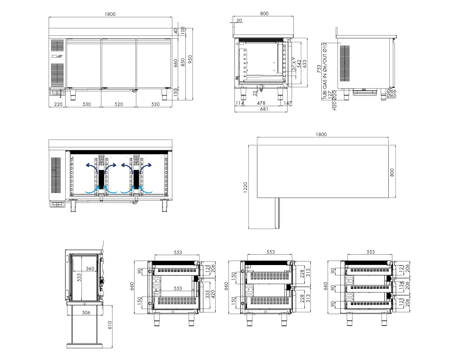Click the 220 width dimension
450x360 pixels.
(58, 104)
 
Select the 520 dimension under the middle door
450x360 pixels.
(118, 104)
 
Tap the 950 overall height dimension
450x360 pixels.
(190, 59)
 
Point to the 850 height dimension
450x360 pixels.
(183, 63)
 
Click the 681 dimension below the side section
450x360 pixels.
(264, 109)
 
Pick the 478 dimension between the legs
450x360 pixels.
(261, 103)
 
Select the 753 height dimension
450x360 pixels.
(319, 68)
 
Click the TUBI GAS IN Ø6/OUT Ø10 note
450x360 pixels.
(325, 71)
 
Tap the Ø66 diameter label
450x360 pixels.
(391, 91)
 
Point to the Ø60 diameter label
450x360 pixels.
(391, 96)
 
